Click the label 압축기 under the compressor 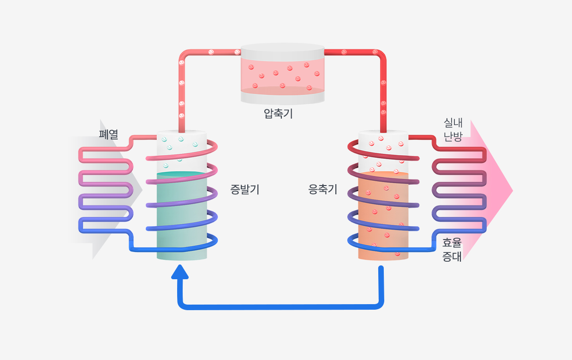pos(278,113)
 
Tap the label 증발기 pos(244,189)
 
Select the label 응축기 pos(323,189)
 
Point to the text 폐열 pos(109,134)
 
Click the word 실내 pos(453,123)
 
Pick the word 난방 pos(453,137)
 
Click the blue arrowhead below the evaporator pos(180,273)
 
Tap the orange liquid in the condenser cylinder pos(383,217)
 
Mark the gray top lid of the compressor pos(282,48)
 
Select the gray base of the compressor pos(282,98)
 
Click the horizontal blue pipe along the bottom pos(281,306)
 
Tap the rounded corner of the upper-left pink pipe pos(183,54)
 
